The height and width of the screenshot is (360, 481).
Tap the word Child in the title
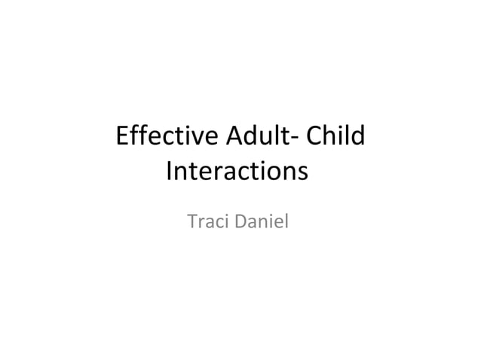point(332,138)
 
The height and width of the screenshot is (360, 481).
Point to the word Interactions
point(237,172)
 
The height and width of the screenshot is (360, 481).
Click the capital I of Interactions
point(168,172)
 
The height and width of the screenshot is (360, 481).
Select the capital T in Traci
point(191,223)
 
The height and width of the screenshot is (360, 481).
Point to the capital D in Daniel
point(239,223)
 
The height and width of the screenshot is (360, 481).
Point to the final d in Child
point(357,138)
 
